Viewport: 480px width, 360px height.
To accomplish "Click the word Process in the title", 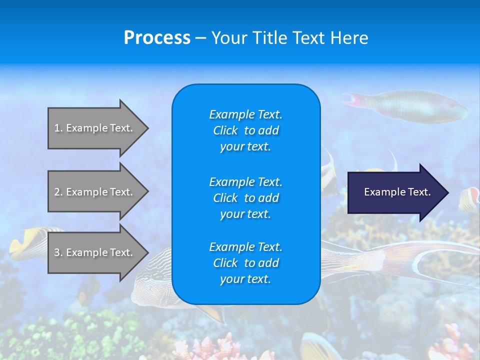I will [157, 38].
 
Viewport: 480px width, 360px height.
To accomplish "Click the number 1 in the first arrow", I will [57, 128].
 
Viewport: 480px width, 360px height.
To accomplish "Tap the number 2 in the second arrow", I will [57, 192].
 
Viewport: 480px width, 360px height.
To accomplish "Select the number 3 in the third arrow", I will [57, 252].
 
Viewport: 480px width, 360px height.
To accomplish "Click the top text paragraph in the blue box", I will [245, 130].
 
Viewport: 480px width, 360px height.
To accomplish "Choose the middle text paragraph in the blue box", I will [245, 198].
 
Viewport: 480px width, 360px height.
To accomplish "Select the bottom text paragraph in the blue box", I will [245, 263].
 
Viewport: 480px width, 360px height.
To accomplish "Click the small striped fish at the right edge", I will [469, 198].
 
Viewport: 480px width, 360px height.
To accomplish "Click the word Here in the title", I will [348, 38].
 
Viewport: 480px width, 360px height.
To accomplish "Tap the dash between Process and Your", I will [200, 38].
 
